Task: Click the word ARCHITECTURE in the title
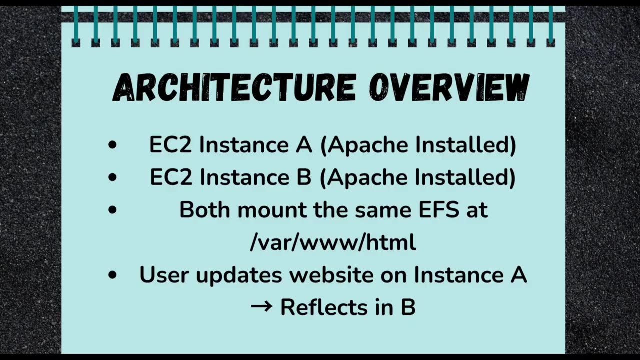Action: coord(234,88)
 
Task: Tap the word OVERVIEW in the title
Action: coord(449,88)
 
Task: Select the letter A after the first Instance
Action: coord(303,145)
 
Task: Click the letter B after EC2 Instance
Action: coord(303,177)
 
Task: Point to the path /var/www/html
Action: coord(333,242)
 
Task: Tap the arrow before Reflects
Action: coord(261,306)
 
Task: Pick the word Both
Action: coord(205,210)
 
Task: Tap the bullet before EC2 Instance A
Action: coord(112,145)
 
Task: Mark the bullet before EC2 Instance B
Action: coord(112,178)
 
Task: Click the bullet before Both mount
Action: coord(112,210)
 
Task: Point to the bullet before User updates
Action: coord(112,275)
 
